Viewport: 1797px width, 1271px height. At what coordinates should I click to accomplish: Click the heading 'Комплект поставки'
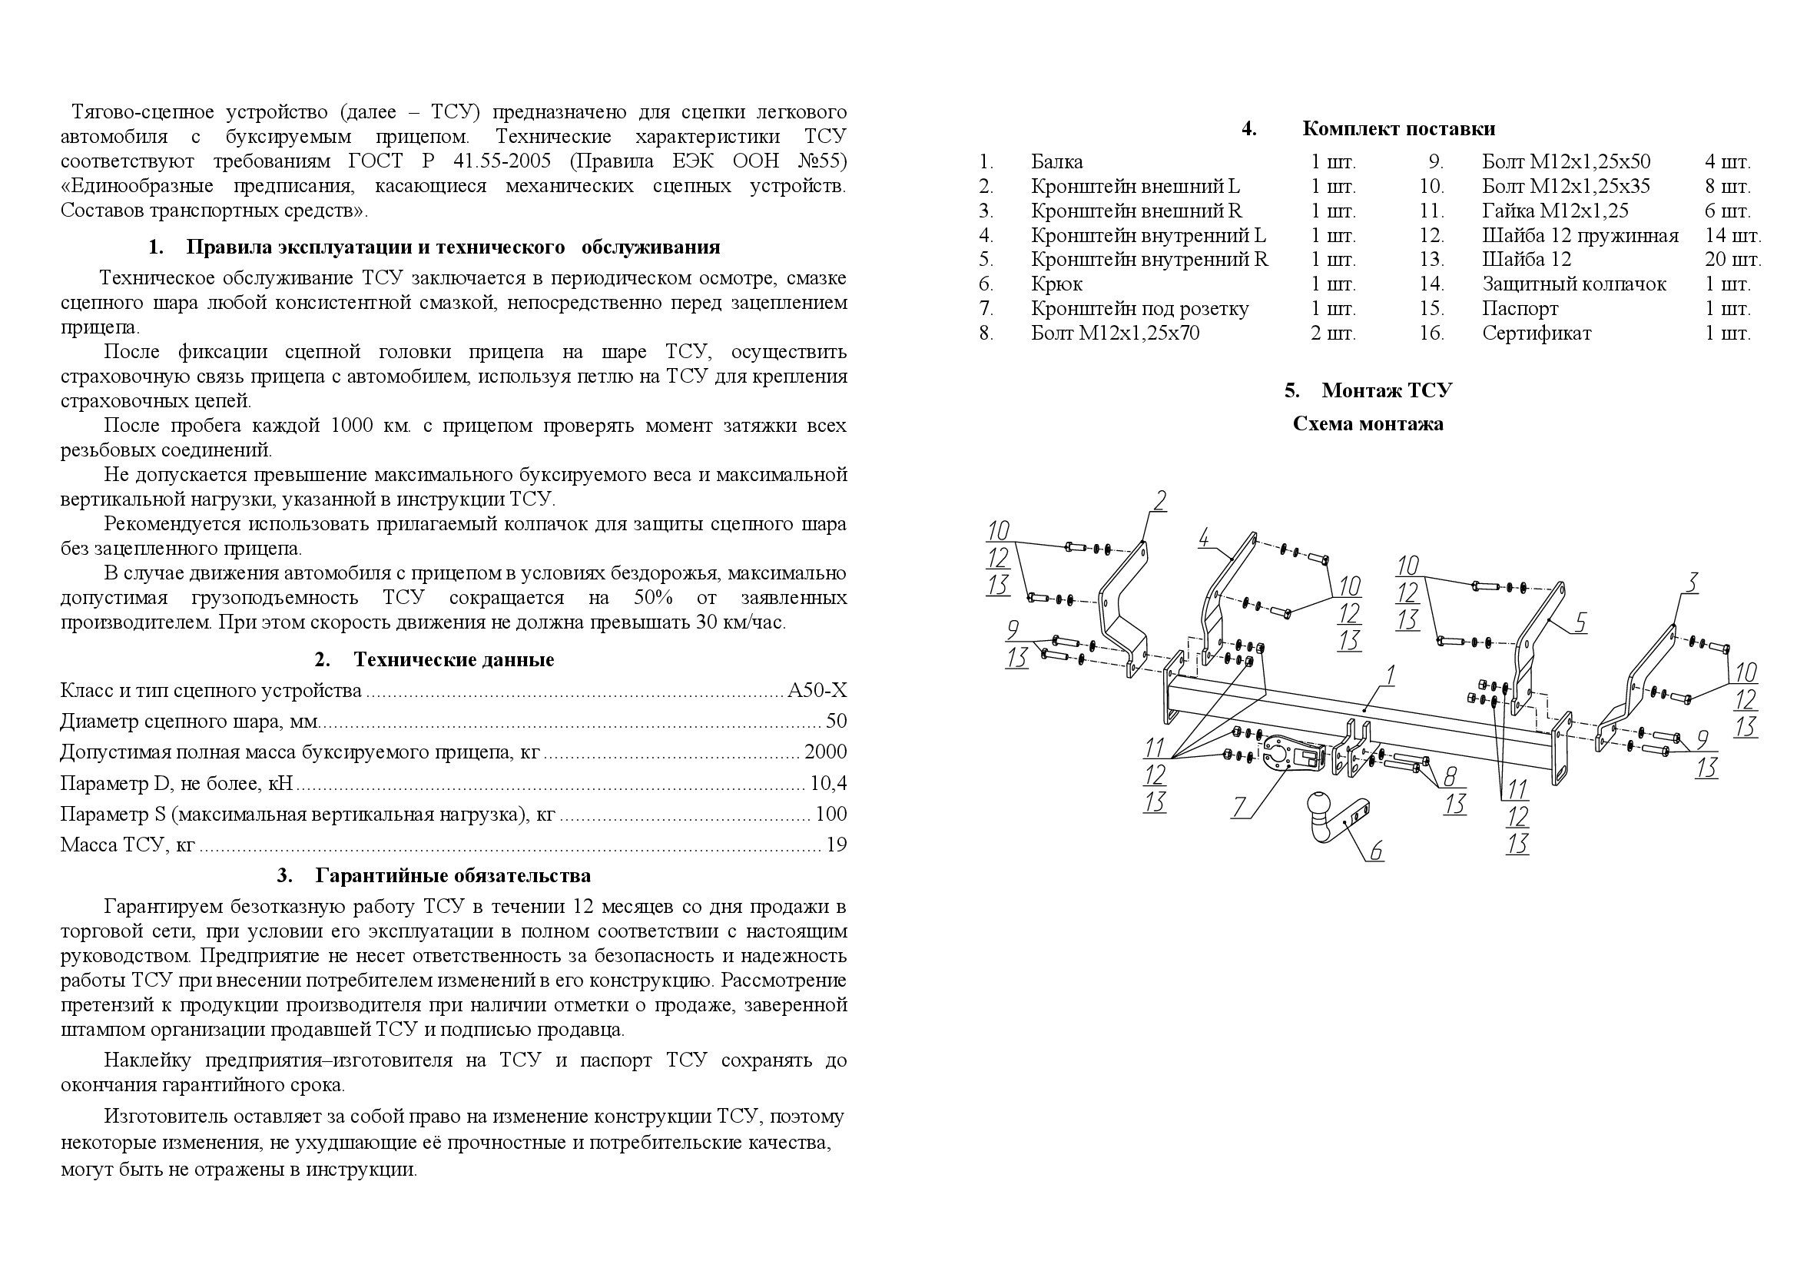1398,128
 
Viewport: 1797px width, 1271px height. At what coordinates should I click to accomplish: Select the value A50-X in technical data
817,690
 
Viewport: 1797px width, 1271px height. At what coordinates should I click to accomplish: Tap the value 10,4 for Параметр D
829,783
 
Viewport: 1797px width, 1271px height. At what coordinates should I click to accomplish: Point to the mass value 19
836,845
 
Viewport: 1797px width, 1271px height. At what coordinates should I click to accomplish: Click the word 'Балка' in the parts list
1056,162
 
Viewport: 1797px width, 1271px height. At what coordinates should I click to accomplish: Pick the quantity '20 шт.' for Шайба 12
1732,259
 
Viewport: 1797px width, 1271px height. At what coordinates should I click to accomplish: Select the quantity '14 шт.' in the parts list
1732,235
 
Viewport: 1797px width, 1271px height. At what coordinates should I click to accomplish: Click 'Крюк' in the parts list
1056,284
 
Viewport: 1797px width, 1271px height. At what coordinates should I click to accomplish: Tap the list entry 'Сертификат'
1537,334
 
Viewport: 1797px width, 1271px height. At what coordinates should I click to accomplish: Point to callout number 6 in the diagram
1375,850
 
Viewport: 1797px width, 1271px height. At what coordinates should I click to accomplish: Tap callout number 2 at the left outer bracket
1159,500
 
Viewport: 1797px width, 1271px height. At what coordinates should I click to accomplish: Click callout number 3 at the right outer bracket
1691,582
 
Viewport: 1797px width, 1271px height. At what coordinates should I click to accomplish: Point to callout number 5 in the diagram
1580,622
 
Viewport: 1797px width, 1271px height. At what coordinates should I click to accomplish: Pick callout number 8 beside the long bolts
1451,776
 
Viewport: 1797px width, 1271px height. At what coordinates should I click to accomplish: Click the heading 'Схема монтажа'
1368,424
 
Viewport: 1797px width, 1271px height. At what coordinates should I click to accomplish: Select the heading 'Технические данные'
453,660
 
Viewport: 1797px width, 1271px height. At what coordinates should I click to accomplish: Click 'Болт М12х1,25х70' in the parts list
1115,334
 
